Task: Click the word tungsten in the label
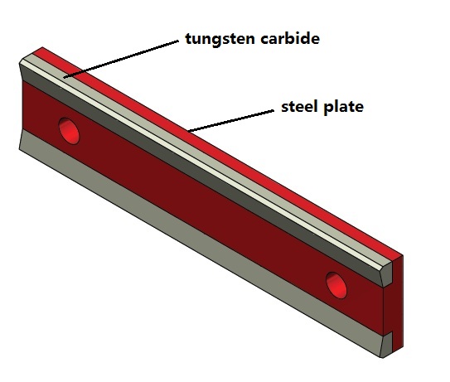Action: tap(220, 39)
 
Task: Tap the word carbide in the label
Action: tap(290, 38)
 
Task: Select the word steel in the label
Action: tap(300, 106)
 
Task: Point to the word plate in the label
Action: tap(343, 107)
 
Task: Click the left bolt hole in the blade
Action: tap(69, 131)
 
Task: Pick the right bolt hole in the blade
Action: tap(336, 285)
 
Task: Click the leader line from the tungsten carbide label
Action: tap(121, 59)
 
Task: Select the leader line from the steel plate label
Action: tap(230, 121)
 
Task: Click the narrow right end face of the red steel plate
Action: tap(398, 302)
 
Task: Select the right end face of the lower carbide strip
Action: tap(388, 345)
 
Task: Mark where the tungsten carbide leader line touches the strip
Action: tap(65, 77)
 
